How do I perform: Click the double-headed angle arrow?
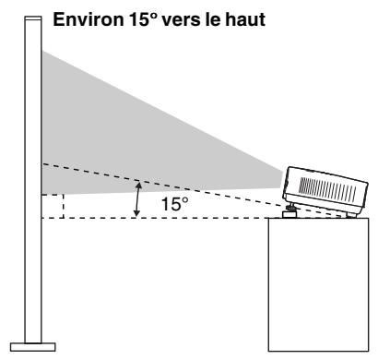tap(138, 198)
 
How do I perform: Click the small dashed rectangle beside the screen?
tap(52, 206)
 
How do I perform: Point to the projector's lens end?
tap(288, 180)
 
